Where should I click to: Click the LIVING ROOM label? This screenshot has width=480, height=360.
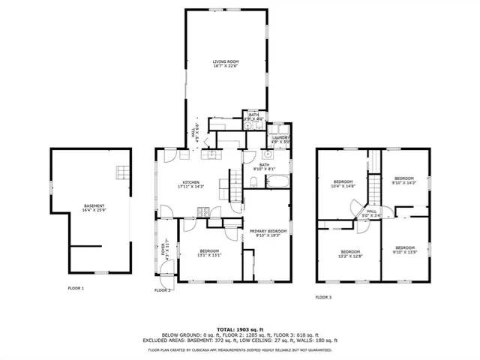click(x=224, y=64)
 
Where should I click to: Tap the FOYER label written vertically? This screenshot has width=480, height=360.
click(x=164, y=250)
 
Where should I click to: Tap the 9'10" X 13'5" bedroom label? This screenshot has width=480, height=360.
click(x=404, y=249)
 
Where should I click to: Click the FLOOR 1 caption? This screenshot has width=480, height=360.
click(x=76, y=288)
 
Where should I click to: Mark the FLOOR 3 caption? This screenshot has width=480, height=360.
click(x=323, y=297)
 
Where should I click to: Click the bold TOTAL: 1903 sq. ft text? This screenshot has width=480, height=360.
click(x=239, y=329)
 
